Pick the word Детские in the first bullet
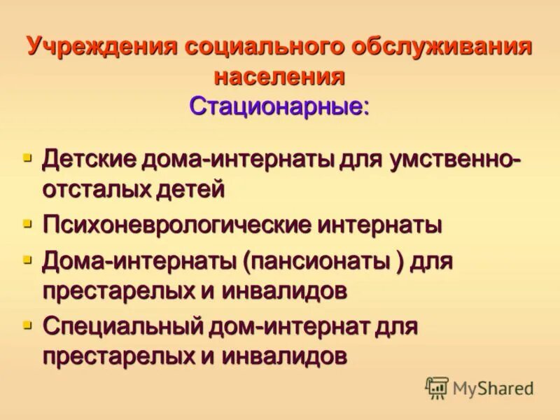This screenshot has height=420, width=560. pos(90,158)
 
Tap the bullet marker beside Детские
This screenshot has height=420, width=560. pos(28,157)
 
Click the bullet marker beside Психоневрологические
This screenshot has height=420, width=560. pos(28,224)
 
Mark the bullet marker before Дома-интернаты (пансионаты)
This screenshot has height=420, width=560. pos(28,260)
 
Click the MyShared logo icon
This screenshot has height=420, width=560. pos(437,388)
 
